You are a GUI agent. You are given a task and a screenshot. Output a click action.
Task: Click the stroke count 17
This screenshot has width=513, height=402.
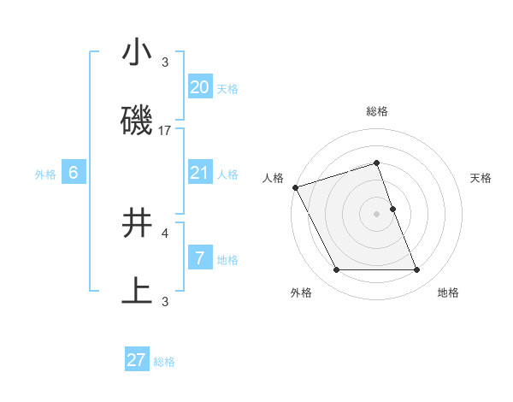[165, 130]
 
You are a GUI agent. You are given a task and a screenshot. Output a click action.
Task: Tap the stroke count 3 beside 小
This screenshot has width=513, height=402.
[165, 62]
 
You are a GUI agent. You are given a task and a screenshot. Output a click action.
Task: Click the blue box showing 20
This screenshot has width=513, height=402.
[199, 87]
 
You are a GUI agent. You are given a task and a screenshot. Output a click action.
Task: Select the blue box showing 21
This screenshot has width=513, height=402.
[199, 173]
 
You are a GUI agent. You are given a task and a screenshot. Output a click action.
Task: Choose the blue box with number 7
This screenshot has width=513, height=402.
[199, 258]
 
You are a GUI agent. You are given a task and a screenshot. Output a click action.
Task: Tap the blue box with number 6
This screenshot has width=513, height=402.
[74, 173]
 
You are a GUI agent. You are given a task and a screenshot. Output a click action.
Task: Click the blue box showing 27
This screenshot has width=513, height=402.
[137, 360]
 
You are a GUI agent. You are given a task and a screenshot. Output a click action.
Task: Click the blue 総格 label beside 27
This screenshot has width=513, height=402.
[164, 362]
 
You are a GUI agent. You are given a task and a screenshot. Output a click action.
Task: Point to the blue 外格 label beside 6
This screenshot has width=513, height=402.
[45, 174]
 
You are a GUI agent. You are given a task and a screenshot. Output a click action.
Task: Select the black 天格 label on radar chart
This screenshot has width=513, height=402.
[481, 178]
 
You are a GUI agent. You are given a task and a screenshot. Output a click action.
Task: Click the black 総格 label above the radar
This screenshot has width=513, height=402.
[376, 111]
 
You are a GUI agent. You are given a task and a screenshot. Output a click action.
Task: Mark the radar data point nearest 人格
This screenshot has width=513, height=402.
[295, 187]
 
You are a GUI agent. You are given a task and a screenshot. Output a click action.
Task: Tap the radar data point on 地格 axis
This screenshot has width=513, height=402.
[417, 270]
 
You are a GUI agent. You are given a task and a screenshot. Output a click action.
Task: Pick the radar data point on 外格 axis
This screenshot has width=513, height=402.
[336, 270]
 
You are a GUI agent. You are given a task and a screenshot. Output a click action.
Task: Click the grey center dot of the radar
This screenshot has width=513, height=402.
[376, 214]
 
